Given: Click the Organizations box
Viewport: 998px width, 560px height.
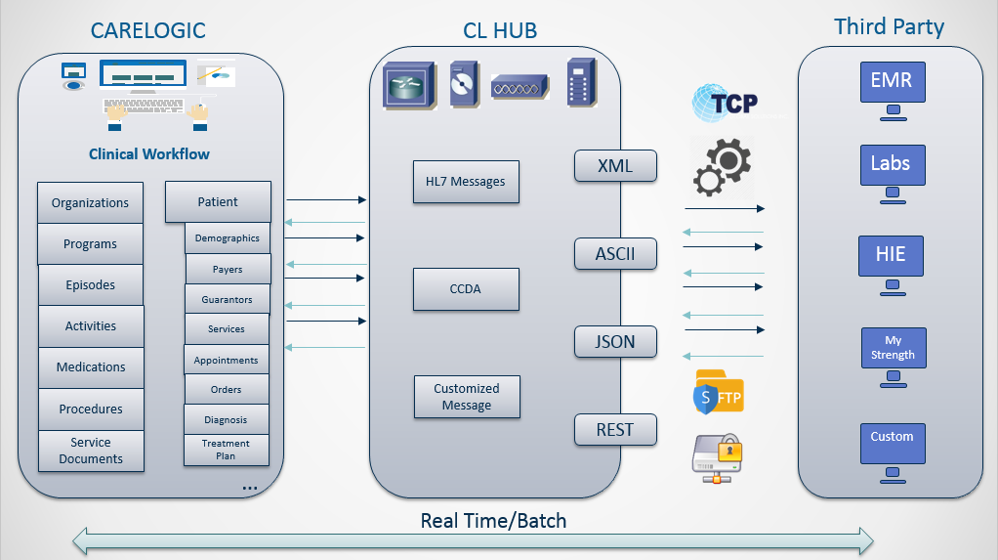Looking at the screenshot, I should point(90,203).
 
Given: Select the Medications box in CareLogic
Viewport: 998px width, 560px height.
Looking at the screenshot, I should point(91,367).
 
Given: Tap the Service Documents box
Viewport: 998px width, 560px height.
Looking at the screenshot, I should point(91,451).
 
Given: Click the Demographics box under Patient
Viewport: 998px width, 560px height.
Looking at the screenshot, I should point(227,238).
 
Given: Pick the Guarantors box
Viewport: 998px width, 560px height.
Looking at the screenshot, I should point(227,300).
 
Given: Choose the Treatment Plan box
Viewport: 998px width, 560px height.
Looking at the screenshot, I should point(226,450).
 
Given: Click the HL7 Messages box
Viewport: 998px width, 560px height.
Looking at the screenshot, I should point(465,182).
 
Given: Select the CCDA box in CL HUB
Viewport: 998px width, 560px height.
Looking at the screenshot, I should point(465,289).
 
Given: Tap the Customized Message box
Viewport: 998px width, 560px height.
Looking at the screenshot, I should point(466,397).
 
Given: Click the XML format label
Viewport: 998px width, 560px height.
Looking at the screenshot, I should point(615,166).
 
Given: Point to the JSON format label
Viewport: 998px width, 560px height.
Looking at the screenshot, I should point(615,342).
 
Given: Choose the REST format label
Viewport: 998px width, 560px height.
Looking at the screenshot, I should point(615,429).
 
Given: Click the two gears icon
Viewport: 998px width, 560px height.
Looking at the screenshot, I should point(722,167).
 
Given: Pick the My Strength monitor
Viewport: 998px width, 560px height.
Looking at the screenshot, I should point(893,349).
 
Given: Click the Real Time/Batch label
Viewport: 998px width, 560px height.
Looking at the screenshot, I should point(493,521).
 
